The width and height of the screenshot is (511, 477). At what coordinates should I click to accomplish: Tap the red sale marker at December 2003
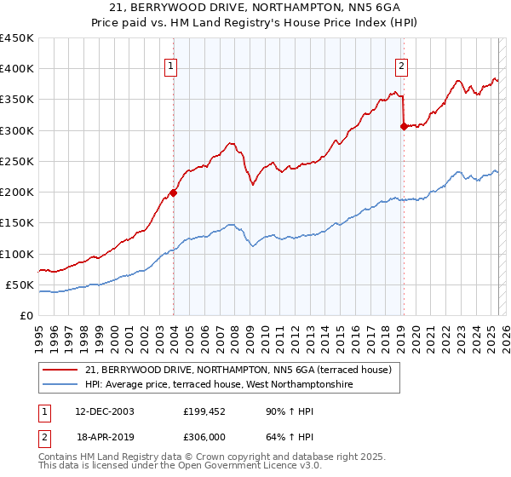pyautogui.click(x=173, y=193)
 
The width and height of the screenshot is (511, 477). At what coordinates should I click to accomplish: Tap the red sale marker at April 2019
pyautogui.click(x=403, y=127)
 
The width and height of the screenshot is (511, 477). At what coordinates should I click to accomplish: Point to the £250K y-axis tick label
pyautogui.click(x=17, y=161)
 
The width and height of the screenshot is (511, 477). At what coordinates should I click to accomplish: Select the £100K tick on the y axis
pyautogui.click(x=17, y=254)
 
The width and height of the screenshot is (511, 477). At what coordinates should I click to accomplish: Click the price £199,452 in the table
pyautogui.click(x=205, y=411)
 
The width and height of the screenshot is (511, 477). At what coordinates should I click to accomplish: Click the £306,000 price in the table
pyautogui.click(x=205, y=436)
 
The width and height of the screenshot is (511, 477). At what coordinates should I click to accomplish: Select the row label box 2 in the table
pyautogui.click(x=45, y=436)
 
